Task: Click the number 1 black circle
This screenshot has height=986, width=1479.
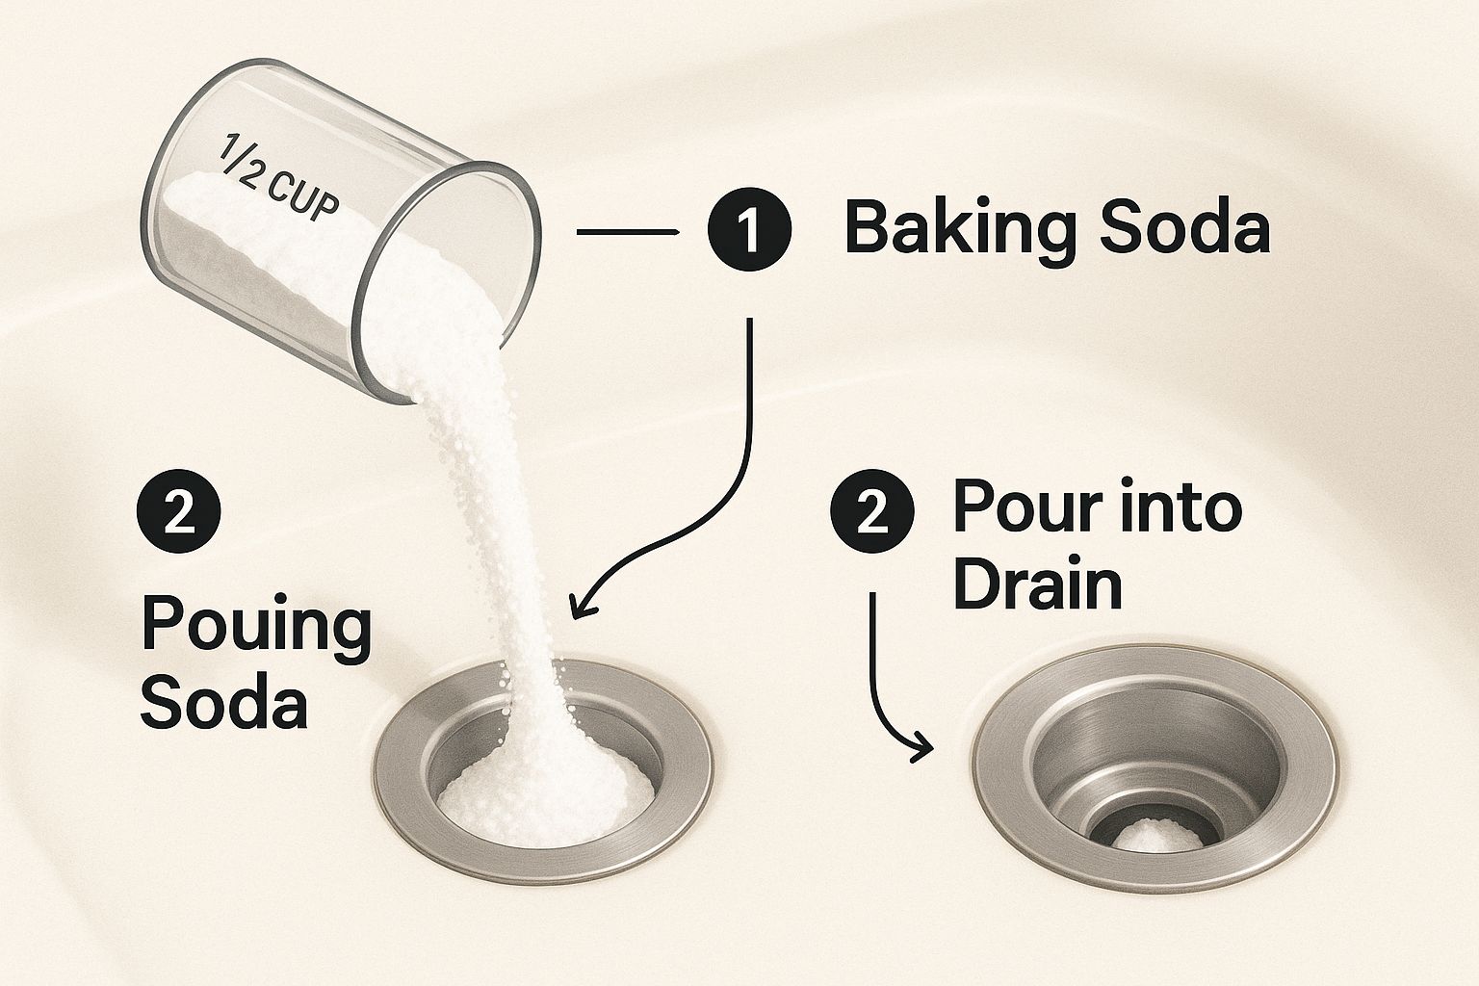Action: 749,229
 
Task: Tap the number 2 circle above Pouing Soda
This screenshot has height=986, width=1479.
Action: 178,511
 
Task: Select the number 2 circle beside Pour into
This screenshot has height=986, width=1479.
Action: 872,511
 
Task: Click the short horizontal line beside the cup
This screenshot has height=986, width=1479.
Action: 627,232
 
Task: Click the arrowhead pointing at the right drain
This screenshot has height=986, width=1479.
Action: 920,748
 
